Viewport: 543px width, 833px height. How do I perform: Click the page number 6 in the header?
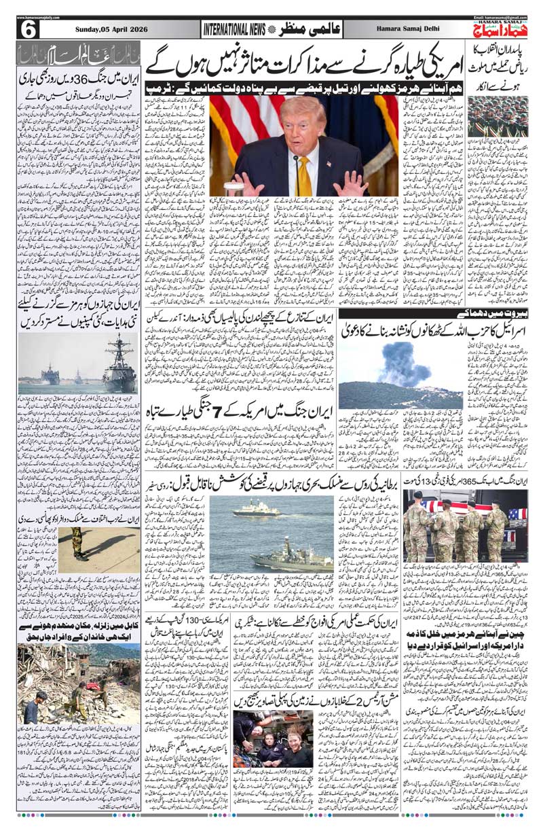tap(29, 29)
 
